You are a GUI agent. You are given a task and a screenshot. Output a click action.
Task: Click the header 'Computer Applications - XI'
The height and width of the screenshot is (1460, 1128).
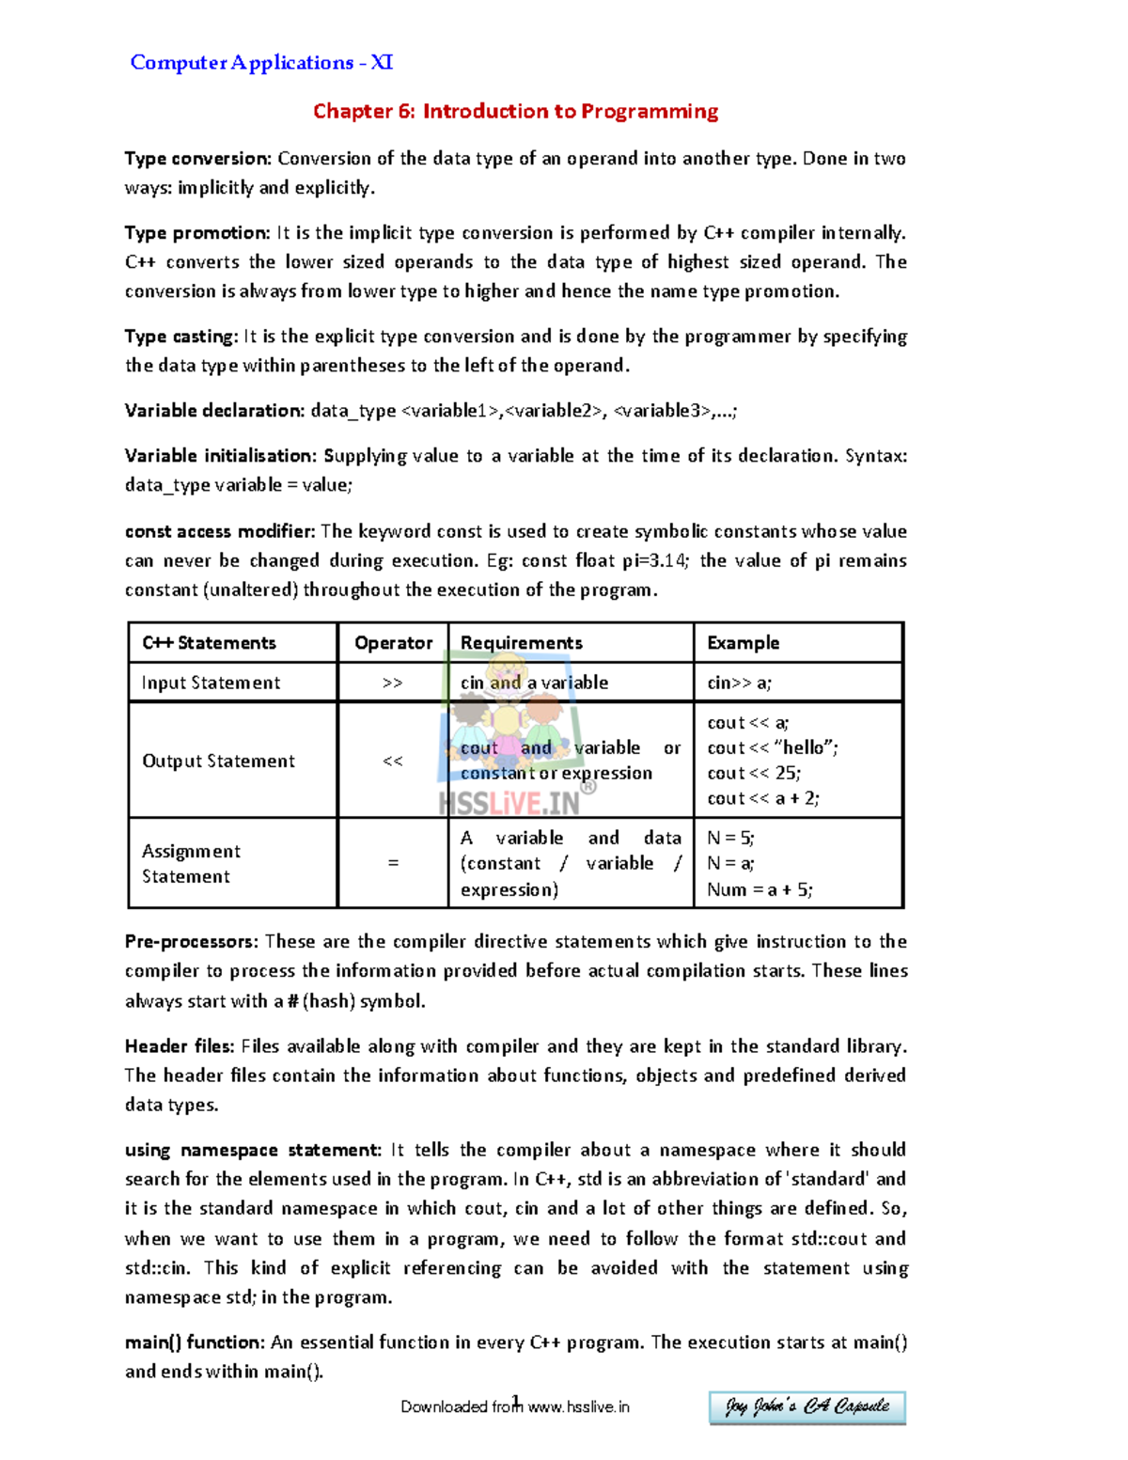(261, 63)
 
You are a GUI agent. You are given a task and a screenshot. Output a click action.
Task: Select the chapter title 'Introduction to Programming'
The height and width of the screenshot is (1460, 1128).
(570, 111)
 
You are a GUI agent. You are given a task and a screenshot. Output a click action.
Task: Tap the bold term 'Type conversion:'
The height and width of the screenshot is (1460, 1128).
(198, 158)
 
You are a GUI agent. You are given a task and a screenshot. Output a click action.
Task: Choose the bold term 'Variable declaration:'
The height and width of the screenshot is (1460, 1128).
(214, 410)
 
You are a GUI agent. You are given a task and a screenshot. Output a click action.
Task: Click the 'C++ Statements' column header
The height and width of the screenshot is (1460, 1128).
(209, 643)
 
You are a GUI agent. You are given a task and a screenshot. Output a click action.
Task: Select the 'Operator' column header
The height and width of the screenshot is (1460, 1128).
(393, 643)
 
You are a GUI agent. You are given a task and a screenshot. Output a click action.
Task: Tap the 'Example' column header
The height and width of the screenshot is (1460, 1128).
(743, 643)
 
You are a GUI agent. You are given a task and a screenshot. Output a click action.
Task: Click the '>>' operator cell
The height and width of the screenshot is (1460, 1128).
(393, 683)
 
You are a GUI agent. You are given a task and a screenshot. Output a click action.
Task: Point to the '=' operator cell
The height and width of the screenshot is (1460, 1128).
(393, 863)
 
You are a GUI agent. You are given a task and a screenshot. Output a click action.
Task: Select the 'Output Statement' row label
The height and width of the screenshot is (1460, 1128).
(218, 761)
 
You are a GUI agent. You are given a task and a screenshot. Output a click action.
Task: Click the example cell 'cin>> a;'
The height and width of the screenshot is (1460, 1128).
(739, 683)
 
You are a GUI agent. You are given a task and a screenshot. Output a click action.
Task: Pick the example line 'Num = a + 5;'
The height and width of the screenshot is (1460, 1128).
(760, 889)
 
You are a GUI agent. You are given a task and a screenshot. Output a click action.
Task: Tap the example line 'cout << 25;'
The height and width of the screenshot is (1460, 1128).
(754, 773)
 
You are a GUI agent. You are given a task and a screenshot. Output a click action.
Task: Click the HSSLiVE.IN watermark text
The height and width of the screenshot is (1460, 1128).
(509, 804)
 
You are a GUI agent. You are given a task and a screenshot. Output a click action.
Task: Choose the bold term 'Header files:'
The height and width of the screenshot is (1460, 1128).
(180, 1045)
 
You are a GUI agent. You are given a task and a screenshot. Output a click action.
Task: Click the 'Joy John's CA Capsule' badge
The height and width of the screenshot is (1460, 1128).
(807, 1406)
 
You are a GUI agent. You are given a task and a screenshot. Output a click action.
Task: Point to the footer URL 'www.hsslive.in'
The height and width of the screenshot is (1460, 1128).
(578, 1406)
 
